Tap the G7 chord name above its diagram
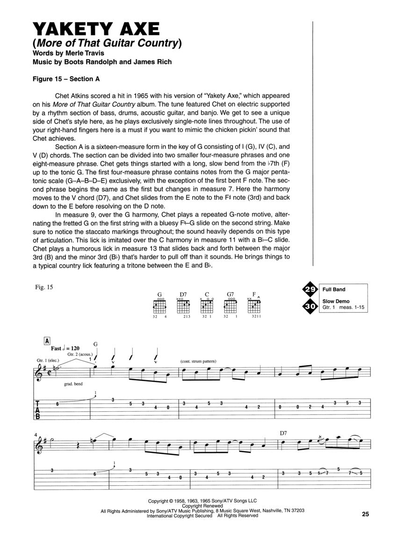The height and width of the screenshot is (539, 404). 231,295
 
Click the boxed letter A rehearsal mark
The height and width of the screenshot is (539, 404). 47,341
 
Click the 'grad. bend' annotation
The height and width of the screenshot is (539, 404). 72,383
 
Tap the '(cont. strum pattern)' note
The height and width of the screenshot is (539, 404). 199,362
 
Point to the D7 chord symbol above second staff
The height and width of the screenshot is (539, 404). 283,433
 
